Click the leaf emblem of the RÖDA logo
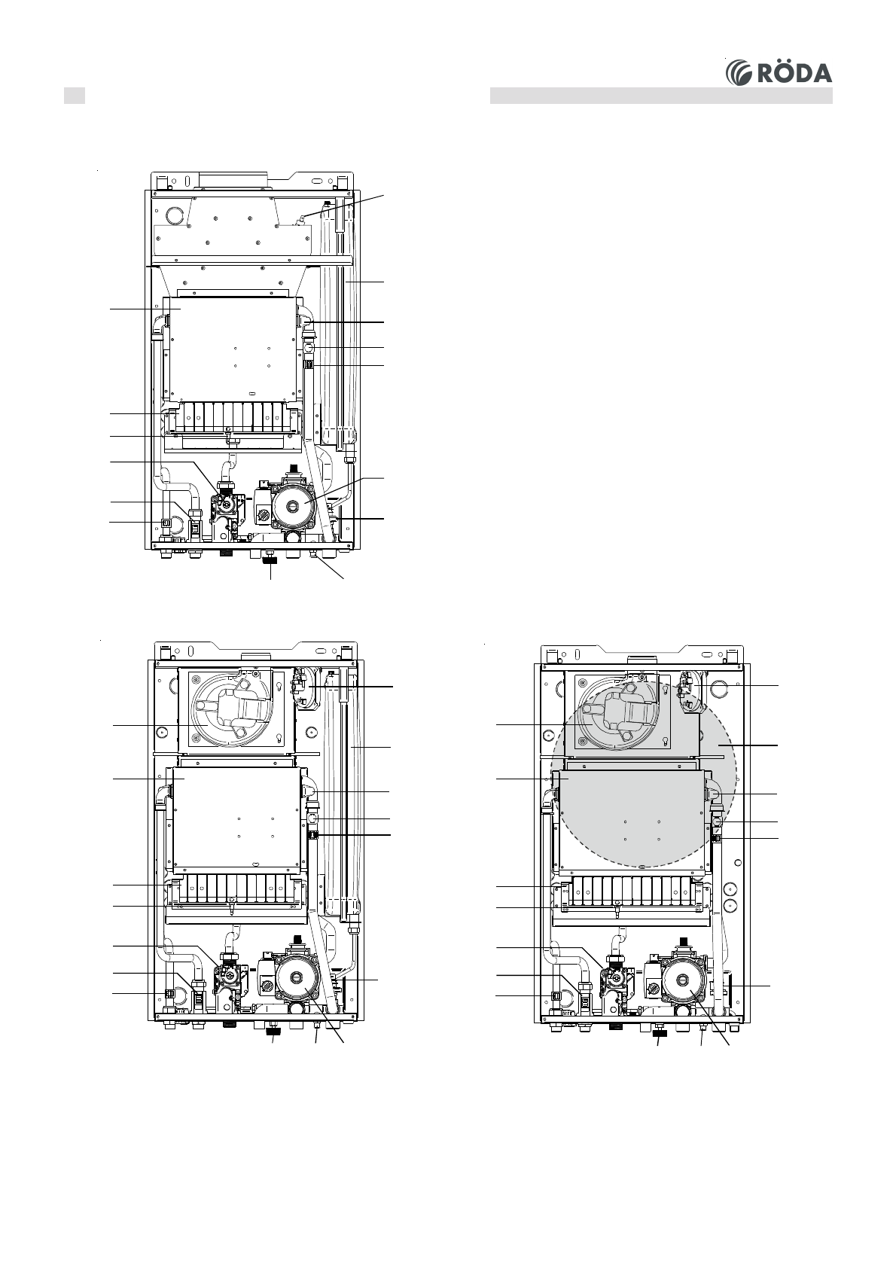pyautogui.click(x=740, y=72)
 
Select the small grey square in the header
pyautogui.click(x=74, y=96)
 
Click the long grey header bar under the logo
pyautogui.click(x=661, y=96)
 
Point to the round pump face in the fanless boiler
pyautogui.click(x=293, y=503)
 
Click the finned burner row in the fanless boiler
pyautogui.click(x=233, y=418)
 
